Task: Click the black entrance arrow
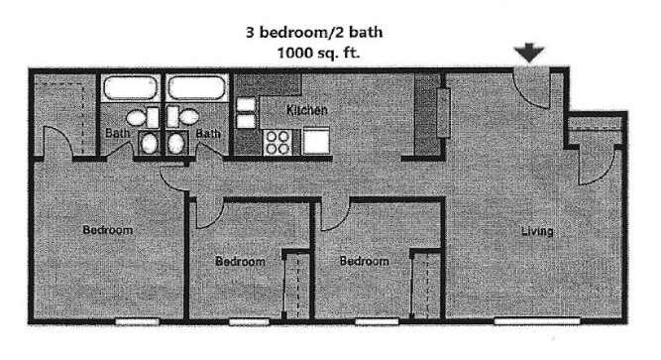click(532, 53)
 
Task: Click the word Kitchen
click(306, 110)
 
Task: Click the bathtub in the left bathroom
click(132, 88)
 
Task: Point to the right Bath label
click(207, 132)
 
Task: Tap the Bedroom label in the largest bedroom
click(107, 230)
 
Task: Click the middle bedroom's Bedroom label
click(240, 262)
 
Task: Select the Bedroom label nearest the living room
click(363, 261)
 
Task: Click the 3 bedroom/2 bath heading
click(314, 32)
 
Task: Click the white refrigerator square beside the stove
click(316, 142)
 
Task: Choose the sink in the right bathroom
click(176, 144)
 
